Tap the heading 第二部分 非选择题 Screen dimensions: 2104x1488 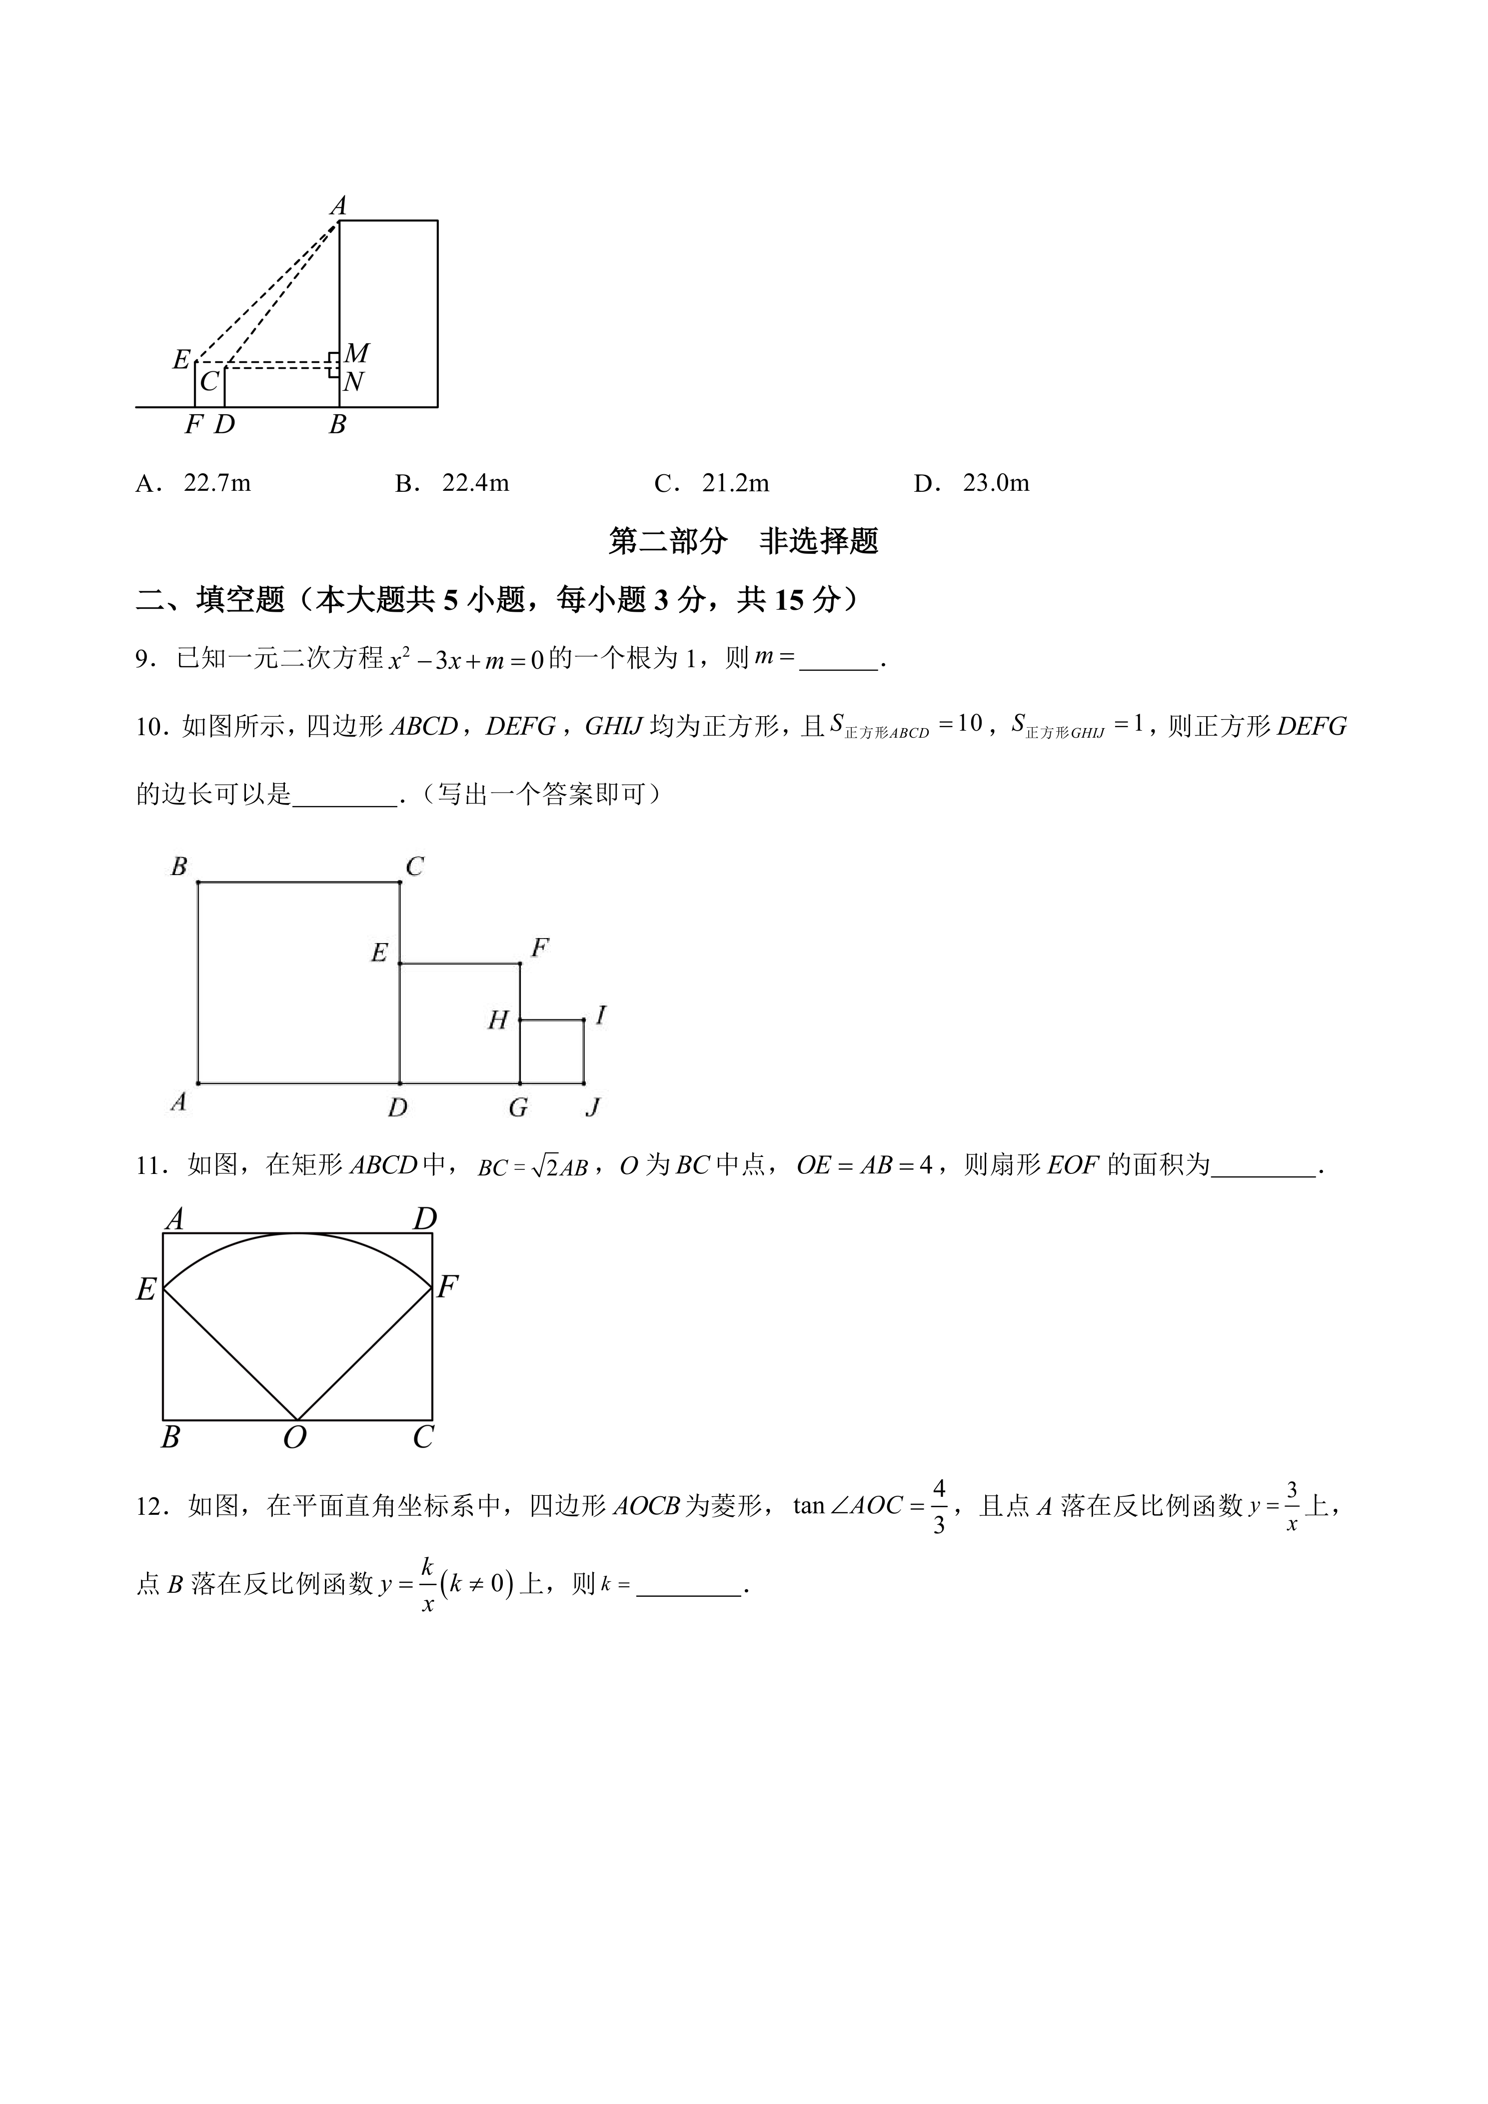pyautogui.click(x=743, y=542)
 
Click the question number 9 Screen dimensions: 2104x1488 pyautogui.click(x=143, y=659)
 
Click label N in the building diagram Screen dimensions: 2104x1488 pyautogui.click(x=354, y=382)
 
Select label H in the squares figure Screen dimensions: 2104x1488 pyautogui.click(x=497, y=1020)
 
